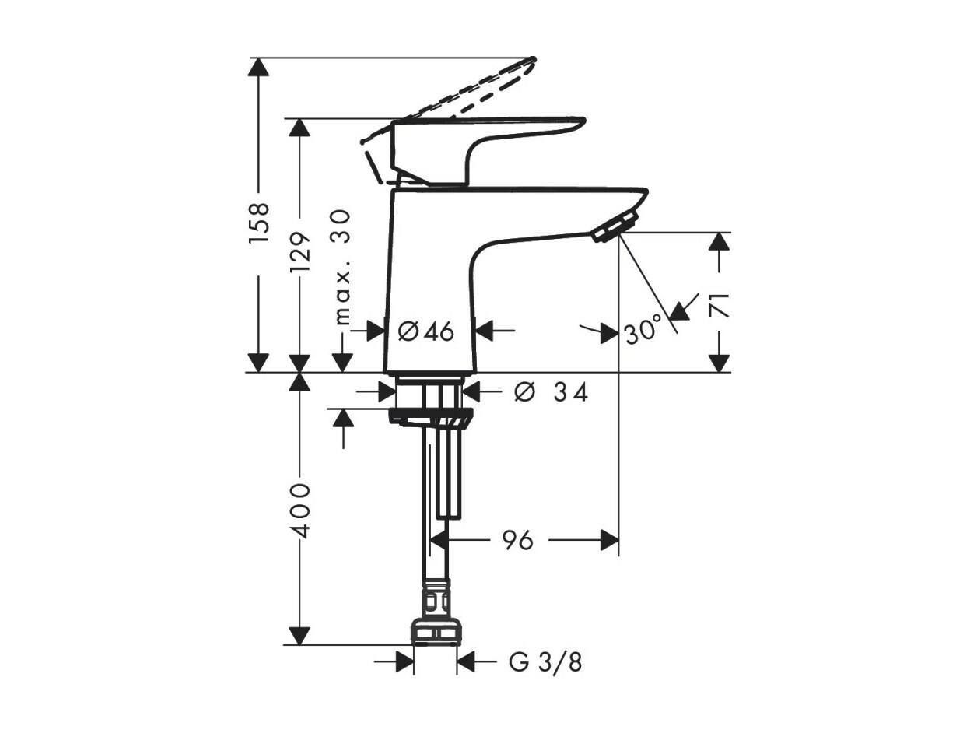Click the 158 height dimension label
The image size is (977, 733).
[259, 223]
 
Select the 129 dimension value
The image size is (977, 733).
[299, 253]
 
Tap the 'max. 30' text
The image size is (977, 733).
[341, 268]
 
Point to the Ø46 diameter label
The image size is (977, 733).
[426, 331]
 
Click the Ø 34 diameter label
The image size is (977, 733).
[551, 392]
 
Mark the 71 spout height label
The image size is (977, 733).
[719, 305]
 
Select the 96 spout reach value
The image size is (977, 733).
[517, 541]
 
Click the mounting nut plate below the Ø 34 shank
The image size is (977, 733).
[430, 418]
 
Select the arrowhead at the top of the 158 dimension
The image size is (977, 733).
[259, 68]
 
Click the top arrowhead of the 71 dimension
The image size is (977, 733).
[719, 243]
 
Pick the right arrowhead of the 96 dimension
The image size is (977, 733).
[609, 540]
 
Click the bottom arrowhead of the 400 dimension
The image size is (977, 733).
[299, 635]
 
